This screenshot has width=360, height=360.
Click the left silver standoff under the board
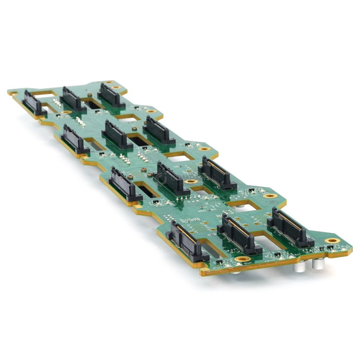pos(298,267)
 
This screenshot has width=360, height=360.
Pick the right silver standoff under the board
pos(318,264)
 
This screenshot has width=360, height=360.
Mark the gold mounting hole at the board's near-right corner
pos(332,240)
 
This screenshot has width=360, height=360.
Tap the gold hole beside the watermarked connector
pos(190,181)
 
